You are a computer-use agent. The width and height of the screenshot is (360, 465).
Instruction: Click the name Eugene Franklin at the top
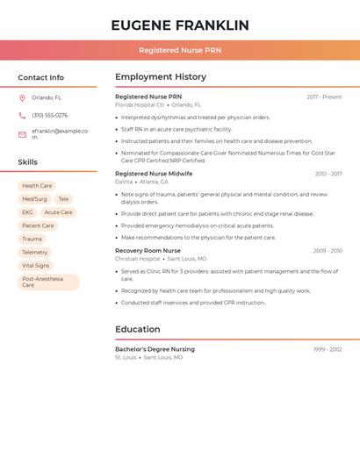(180, 25)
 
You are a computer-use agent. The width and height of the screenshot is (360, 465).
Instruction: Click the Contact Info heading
(41, 77)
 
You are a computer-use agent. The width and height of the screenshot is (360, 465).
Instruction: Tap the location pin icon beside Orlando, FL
(22, 98)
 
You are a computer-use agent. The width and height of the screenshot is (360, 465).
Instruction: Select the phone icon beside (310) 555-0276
(22, 116)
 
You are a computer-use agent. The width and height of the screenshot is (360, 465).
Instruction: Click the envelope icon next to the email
(22, 134)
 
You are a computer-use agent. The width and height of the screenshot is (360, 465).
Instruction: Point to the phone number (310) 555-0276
(49, 116)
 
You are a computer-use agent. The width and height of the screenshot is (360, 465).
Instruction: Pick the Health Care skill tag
(37, 186)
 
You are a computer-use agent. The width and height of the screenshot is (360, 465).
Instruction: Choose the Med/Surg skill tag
(35, 199)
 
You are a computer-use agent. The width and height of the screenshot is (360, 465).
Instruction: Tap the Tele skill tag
(63, 199)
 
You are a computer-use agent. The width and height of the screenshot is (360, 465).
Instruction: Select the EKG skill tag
(27, 212)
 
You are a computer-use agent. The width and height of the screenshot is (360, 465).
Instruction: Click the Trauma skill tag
(32, 239)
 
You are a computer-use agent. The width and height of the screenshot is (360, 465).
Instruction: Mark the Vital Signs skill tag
(36, 265)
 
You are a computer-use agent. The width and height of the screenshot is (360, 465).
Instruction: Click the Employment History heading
(161, 77)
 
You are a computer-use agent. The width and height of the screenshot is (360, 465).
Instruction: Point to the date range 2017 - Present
(324, 97)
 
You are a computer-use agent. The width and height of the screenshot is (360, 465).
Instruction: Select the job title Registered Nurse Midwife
(154, 174)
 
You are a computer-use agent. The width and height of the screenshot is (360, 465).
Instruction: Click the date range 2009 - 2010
(328, 251)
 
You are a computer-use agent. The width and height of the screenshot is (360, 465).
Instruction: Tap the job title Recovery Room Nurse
(148, 251)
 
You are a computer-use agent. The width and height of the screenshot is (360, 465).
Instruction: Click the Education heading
(138, 330)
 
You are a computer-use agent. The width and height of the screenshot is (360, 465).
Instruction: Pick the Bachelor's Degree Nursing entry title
(155, 349)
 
